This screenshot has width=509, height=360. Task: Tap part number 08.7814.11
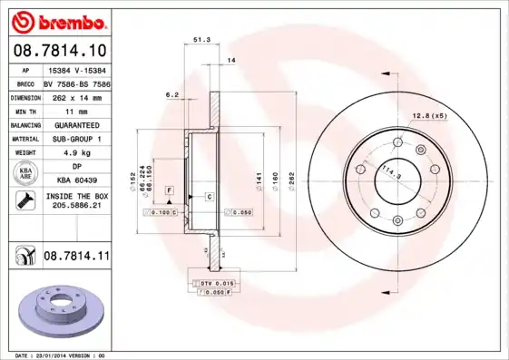(x=76, y=258)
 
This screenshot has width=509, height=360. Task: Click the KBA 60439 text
(x=76, y=180)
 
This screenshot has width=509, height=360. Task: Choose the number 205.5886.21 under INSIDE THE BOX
(x=76, y=206)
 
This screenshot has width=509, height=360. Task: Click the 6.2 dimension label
(x=171, y=94)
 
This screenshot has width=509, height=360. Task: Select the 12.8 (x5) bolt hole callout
(x=430, y=117)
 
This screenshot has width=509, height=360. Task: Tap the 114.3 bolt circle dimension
(x=391, y=172)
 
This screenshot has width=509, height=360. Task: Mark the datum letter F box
(x=169, y=190)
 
